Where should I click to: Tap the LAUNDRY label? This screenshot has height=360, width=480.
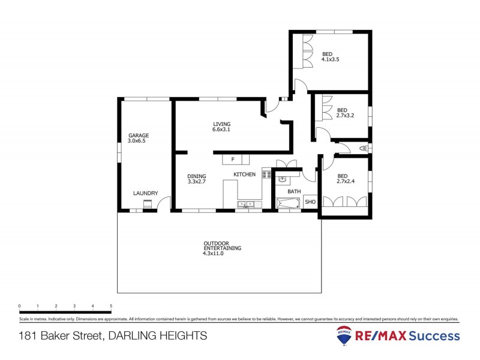point(146,193)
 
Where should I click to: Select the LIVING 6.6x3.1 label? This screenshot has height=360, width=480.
point(221,127)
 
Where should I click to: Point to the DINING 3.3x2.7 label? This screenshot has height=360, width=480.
point(197,178)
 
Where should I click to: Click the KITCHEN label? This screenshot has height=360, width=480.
point(245,175)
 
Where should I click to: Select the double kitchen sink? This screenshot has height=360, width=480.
point(245,205)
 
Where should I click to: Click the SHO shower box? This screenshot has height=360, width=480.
point(310,202)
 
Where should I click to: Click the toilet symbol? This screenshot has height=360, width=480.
point(363,148)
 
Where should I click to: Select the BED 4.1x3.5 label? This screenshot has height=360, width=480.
point(331,56)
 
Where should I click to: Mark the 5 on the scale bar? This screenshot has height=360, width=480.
point(111,306)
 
